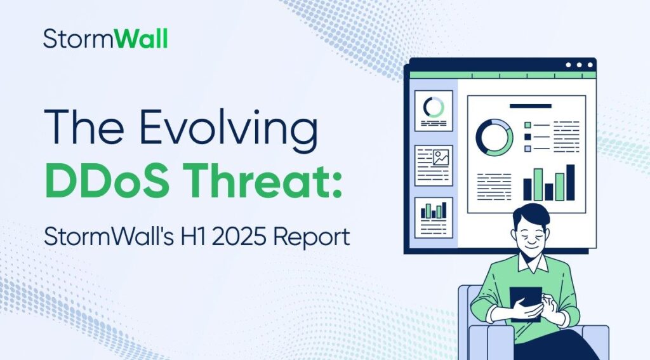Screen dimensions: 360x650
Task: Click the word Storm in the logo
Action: [x=70, y=39]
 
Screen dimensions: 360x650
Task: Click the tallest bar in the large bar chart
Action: [x=570, y=182]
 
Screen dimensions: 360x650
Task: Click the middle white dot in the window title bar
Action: [x=579, y=65]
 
